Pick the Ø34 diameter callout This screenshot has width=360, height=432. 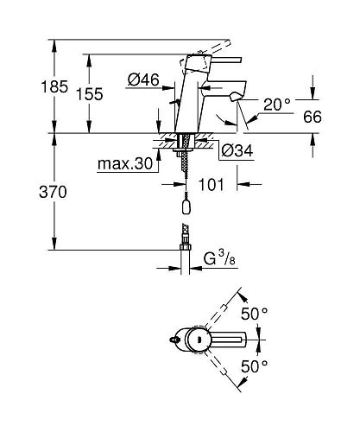tap(237, 151)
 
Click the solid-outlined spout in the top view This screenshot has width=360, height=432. tap(233, 340)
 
